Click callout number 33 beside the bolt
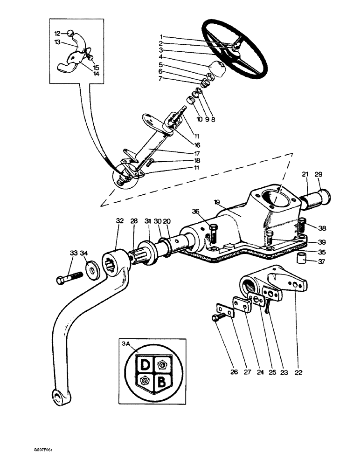pos(73,253)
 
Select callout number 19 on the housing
pos(230,202)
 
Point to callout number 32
pos(119,221)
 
